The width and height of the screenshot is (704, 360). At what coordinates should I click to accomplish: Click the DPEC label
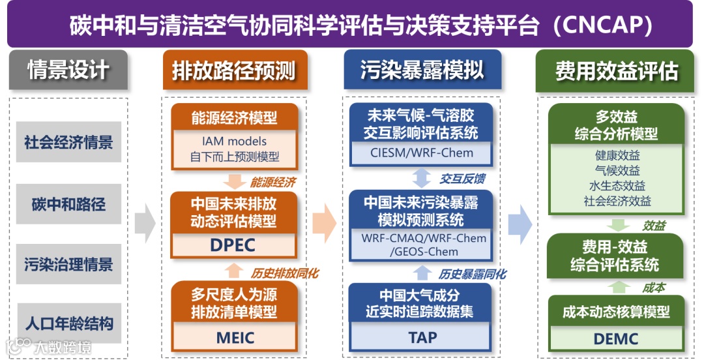point(233,245)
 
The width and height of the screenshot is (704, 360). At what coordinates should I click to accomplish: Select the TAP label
point(422,338)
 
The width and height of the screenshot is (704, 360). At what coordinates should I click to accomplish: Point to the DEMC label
point(615,339)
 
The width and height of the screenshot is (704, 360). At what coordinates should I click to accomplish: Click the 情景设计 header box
point(68,70)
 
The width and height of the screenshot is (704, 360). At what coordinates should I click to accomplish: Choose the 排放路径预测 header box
point(234,70)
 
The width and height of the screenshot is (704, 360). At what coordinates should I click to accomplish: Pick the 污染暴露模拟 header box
point(422,70)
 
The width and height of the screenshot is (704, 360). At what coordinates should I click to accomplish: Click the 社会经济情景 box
point(68,142)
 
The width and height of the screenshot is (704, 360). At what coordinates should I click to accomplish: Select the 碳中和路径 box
point(68,203)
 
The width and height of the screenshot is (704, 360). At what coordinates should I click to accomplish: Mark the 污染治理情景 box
point(68,264)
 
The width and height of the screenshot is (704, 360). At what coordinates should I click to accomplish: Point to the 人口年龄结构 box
point(68,323)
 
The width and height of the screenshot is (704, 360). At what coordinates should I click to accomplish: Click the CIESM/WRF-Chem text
point(420,154)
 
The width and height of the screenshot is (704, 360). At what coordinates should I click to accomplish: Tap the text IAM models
point(234,141)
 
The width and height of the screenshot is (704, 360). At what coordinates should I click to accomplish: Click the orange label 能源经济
point(272,182)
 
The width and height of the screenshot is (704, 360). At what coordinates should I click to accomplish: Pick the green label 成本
point(653,287)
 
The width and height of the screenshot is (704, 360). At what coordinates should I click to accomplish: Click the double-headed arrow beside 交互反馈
point(422,177)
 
